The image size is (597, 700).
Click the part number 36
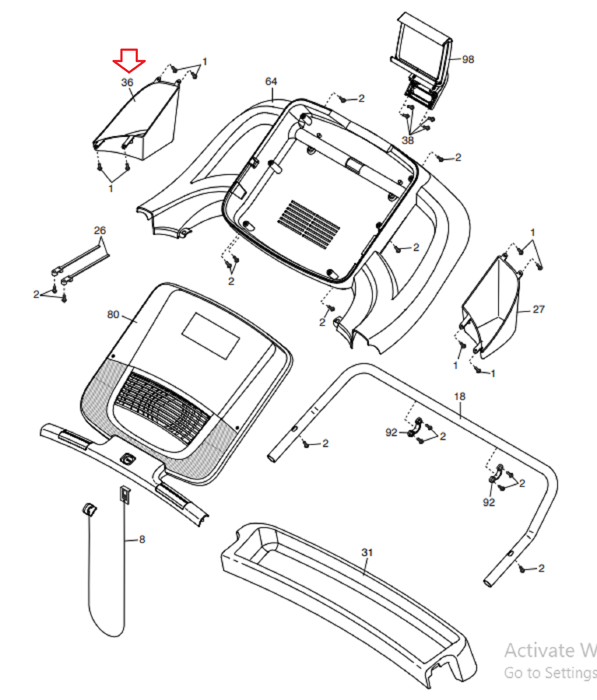127,82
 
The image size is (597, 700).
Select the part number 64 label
271,81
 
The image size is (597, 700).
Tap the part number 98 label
468,59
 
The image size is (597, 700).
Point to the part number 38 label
407,140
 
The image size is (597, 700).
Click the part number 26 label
100,230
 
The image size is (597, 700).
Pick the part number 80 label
113,315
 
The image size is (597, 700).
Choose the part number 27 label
538,309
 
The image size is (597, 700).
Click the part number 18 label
460,396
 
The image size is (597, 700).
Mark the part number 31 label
367,553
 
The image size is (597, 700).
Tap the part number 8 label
142,539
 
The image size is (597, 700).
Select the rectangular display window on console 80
211,336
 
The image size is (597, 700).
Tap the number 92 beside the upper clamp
391,432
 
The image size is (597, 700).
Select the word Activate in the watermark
539,651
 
